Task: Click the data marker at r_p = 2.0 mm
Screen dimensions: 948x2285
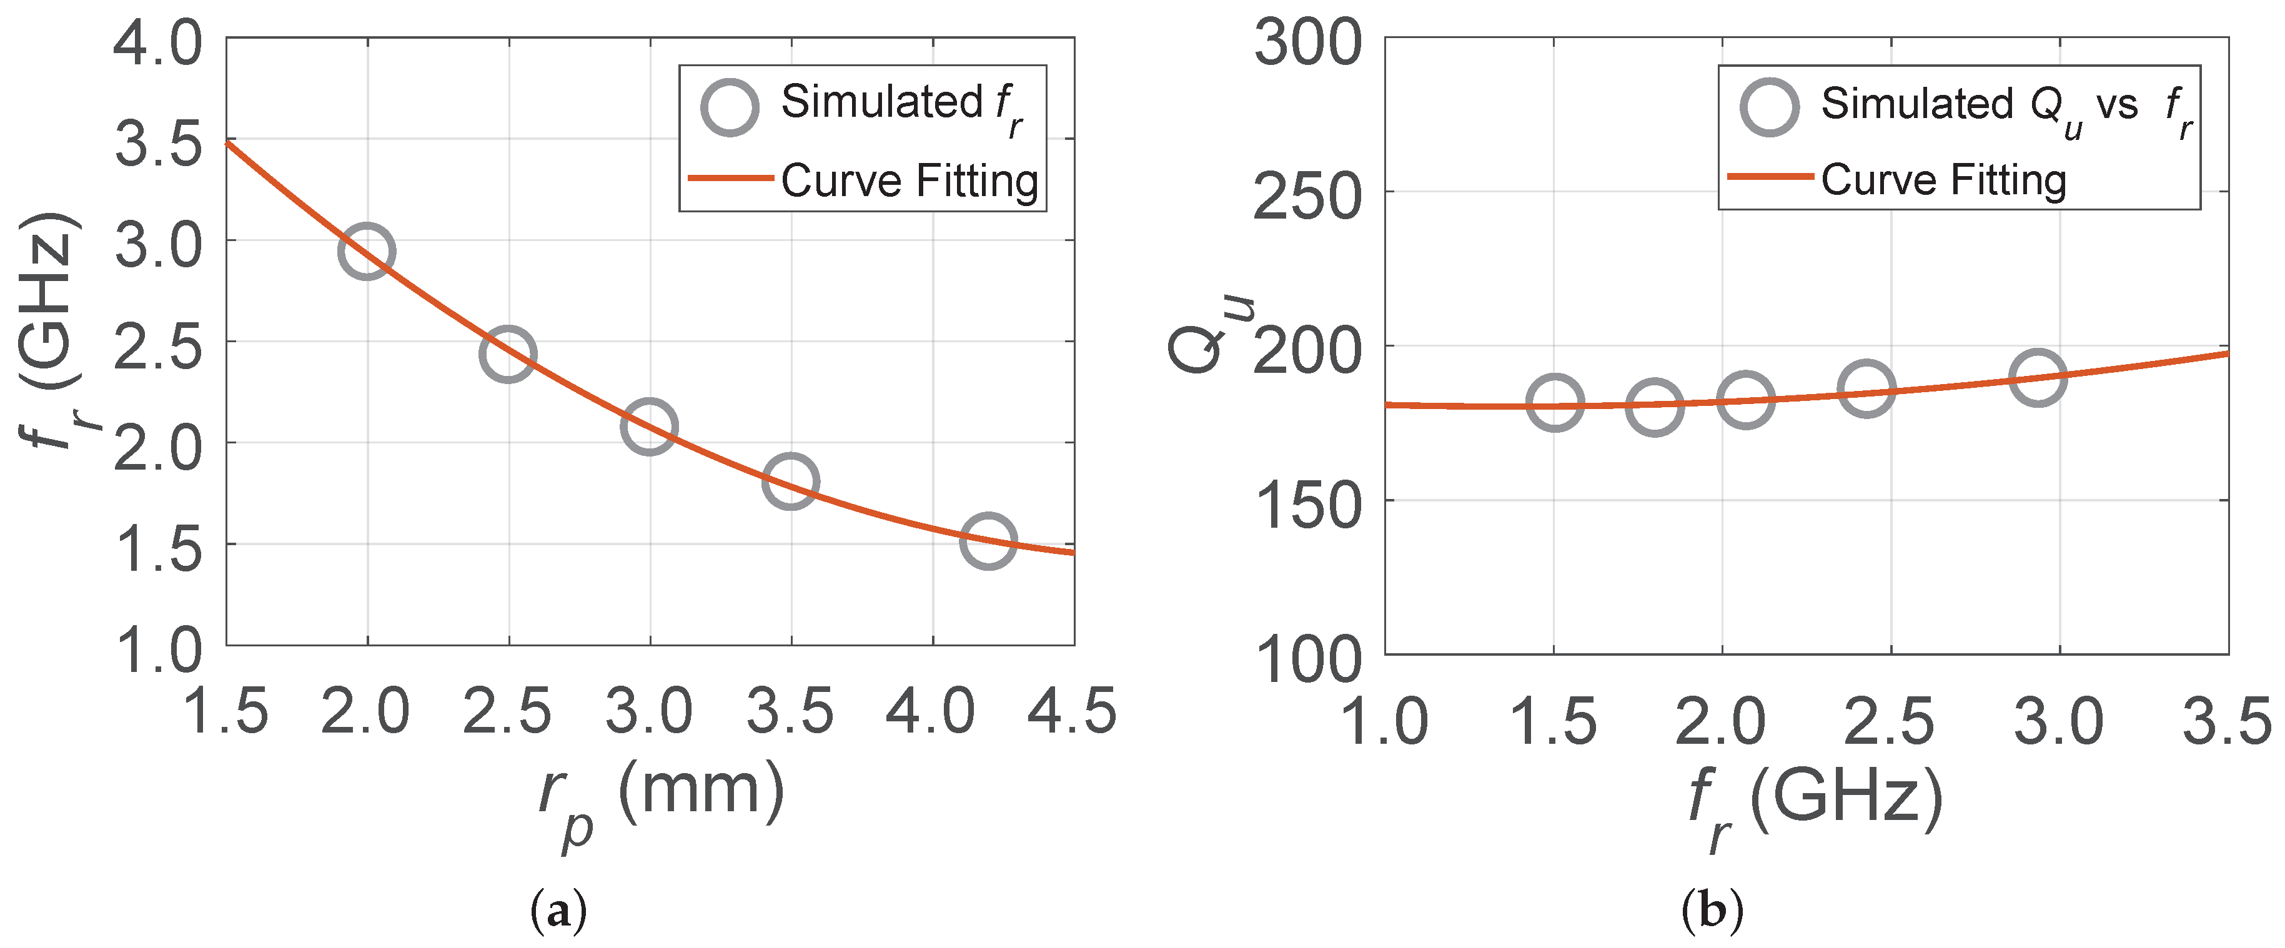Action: [366, 251]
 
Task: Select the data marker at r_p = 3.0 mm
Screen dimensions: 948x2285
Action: [649, 426]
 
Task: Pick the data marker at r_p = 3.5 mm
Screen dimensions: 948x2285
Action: [790, 481]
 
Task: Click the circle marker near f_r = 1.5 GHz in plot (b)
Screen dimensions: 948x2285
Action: [1555, 403]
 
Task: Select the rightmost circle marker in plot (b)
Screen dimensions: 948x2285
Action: [2038, 377]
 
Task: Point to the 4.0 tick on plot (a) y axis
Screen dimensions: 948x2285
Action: [158, 42]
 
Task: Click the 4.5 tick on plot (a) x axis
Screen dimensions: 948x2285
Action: [1071, 711]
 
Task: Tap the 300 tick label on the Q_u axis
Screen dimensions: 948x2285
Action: [1307, 42]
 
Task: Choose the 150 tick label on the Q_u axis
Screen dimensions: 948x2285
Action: [1307, 505]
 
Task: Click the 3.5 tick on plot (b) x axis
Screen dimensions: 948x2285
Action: [2226, 720]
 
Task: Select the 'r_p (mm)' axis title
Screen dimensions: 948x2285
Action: [661, 798]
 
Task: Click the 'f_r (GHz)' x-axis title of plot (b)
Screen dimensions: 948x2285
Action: [1814, 802]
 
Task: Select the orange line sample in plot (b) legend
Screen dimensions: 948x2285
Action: [1770, 177]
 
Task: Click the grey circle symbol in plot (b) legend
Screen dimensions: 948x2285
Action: [1770, 107]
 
